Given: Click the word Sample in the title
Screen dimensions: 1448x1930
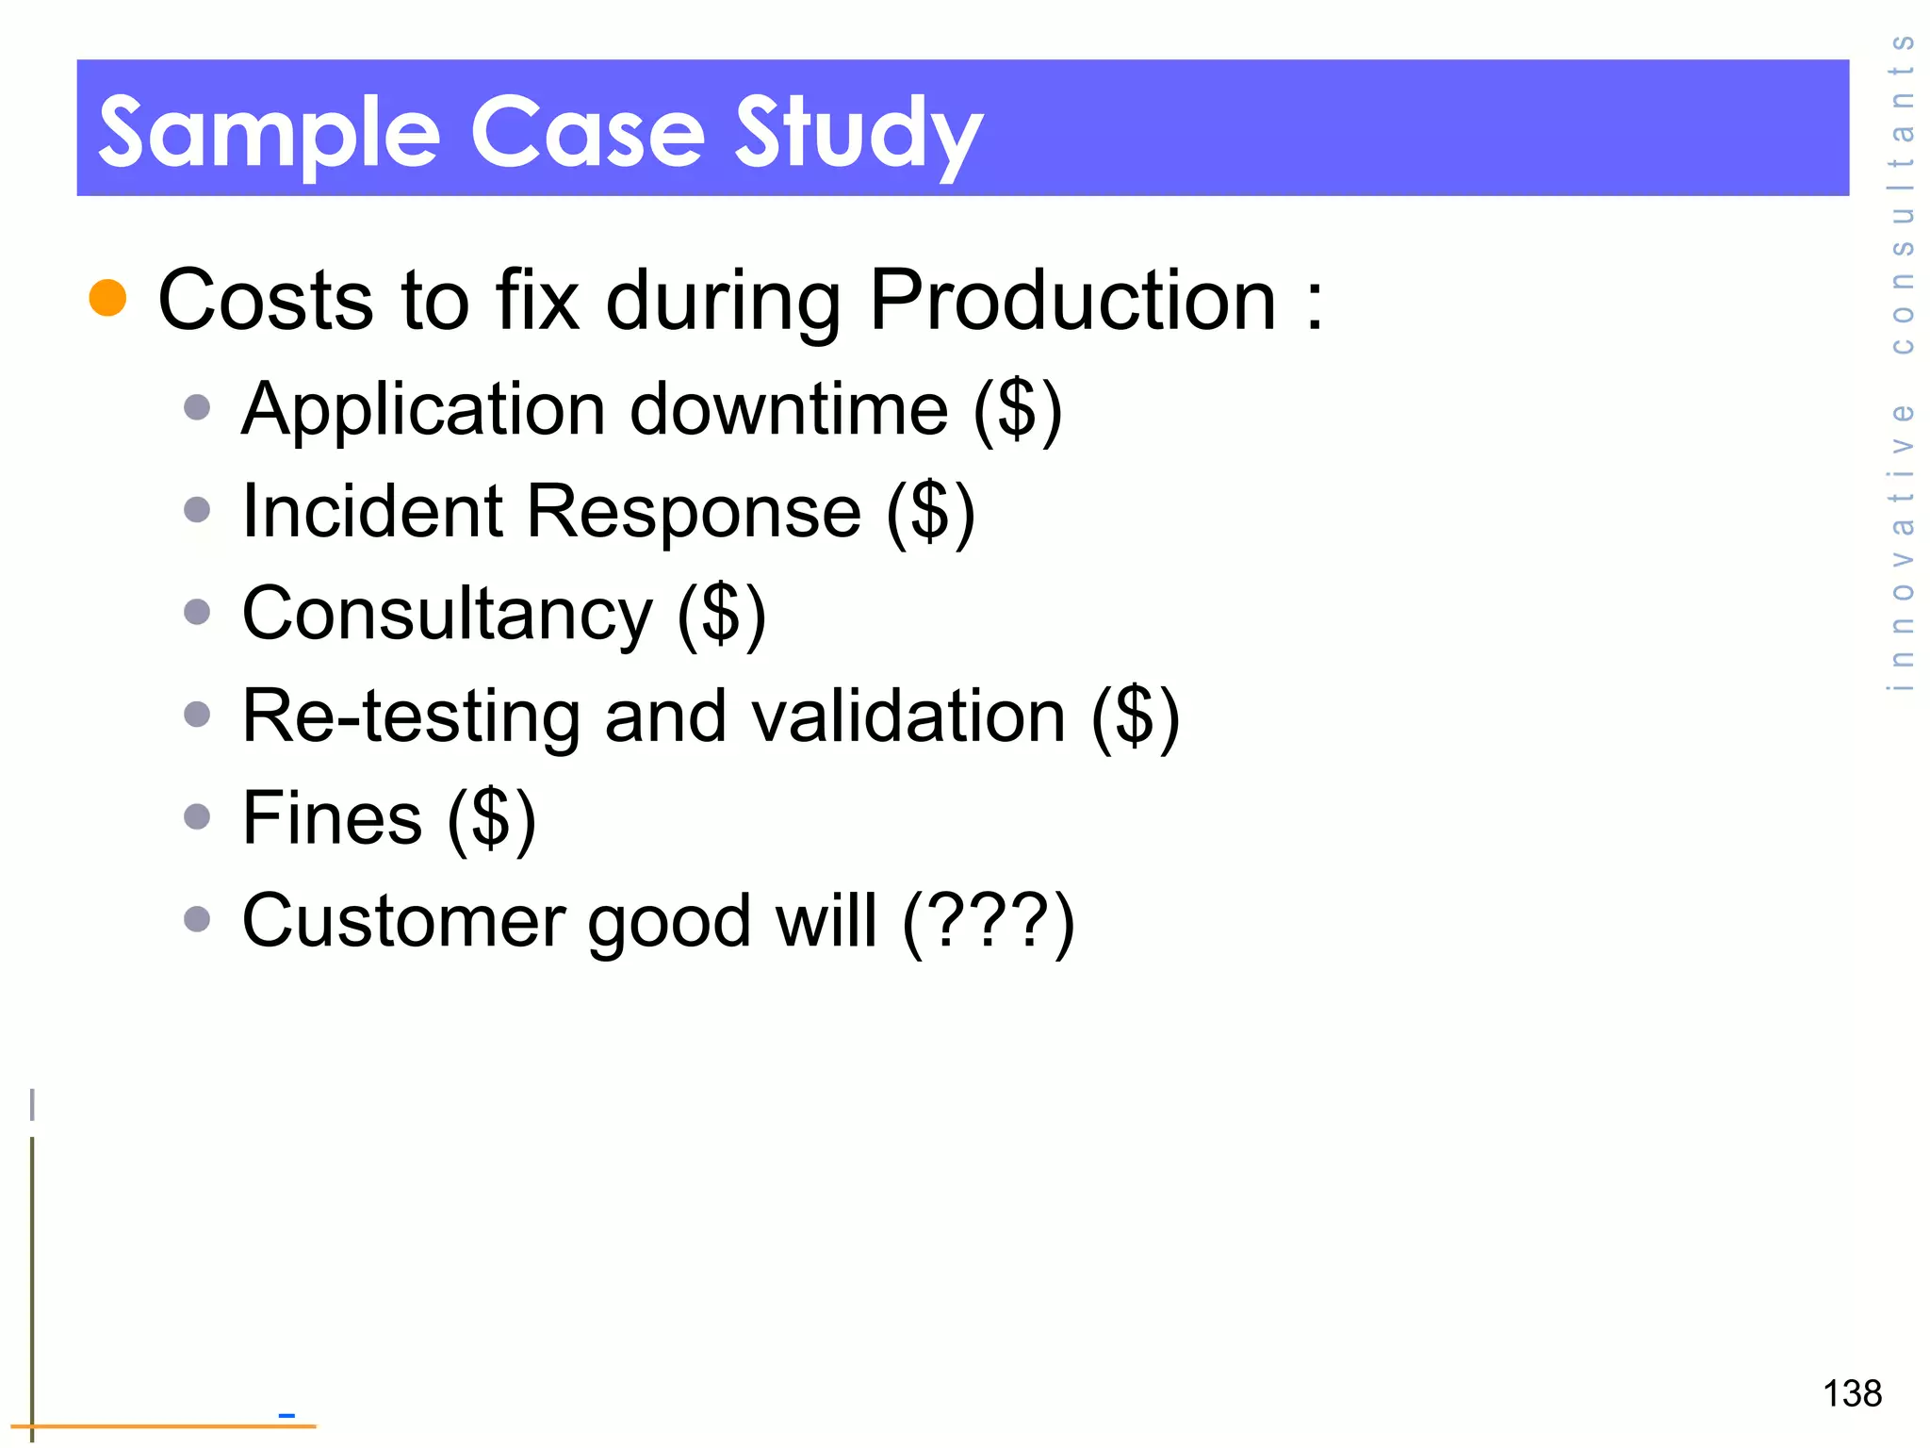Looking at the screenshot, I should click(x=269, y=132).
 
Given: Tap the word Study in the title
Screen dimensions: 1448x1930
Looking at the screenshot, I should click(x=859, y=132).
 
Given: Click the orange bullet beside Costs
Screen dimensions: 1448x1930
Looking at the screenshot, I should click(x=107, y=298).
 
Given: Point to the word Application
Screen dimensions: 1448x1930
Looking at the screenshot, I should click(x=423, y=410).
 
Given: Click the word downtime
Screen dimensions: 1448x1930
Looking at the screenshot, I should click(x=789, y=410).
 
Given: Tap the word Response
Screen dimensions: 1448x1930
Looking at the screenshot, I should click(x=694, y=511).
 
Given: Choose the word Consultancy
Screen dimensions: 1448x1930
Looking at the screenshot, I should click(x=447, y=614).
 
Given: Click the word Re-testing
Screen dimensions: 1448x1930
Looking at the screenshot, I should click(x=411, y=716).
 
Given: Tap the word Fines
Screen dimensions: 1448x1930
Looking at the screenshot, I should click(x=332, y=817).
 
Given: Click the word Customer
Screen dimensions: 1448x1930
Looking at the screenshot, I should click(x=403, y=920).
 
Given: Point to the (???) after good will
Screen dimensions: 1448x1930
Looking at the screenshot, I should click(x=988, y=920).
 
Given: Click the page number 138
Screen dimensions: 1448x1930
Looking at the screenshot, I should click(x=1852, y=1393).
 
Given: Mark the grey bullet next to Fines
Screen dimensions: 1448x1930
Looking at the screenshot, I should click(x=197, y=816).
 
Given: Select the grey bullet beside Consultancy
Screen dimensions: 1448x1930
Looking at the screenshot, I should click(x=197, y=613).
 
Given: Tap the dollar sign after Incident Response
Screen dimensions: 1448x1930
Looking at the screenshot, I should click(x=930, y=511).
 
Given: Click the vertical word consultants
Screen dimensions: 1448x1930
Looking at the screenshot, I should click(x=1903, y=193).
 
